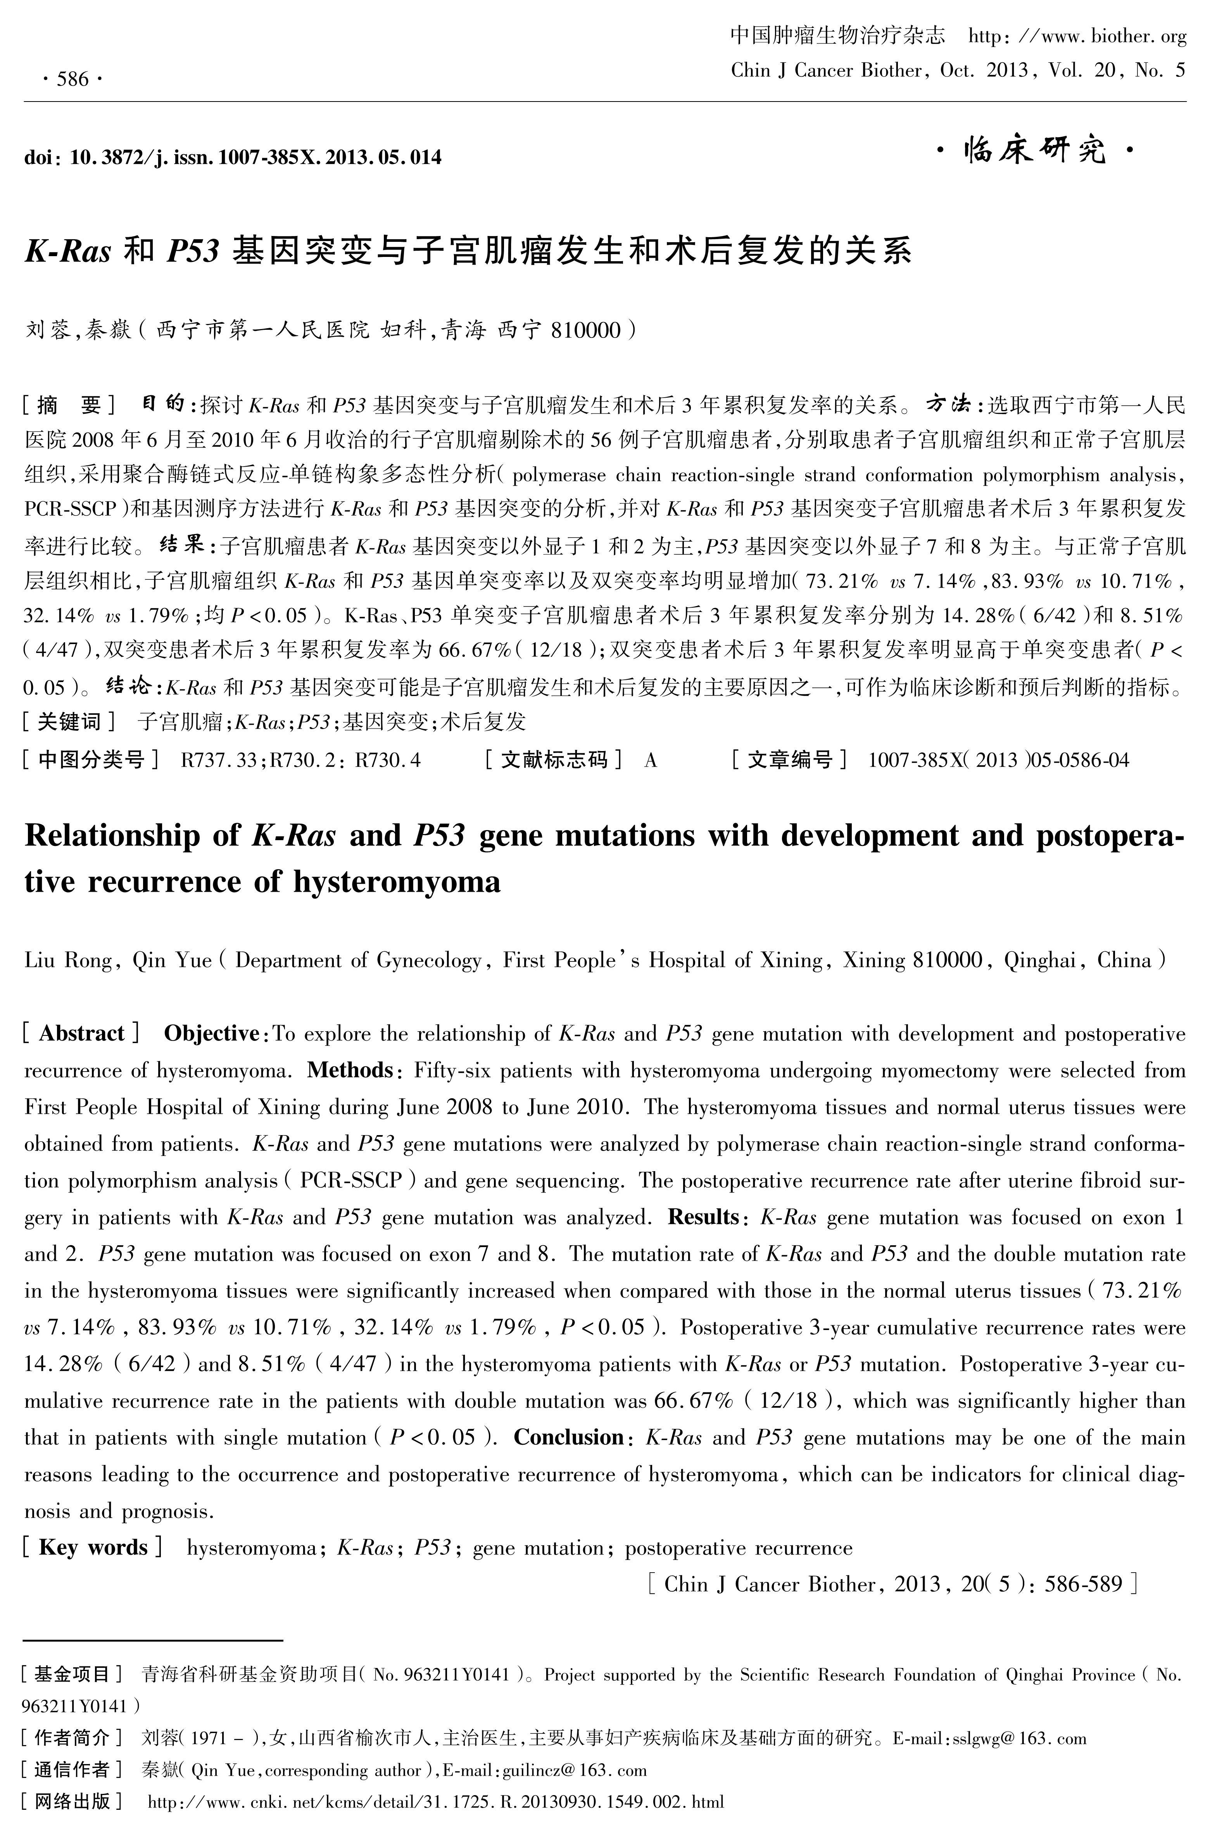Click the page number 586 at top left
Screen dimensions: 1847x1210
point(72,78)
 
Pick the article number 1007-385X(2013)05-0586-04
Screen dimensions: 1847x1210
point(998,760)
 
